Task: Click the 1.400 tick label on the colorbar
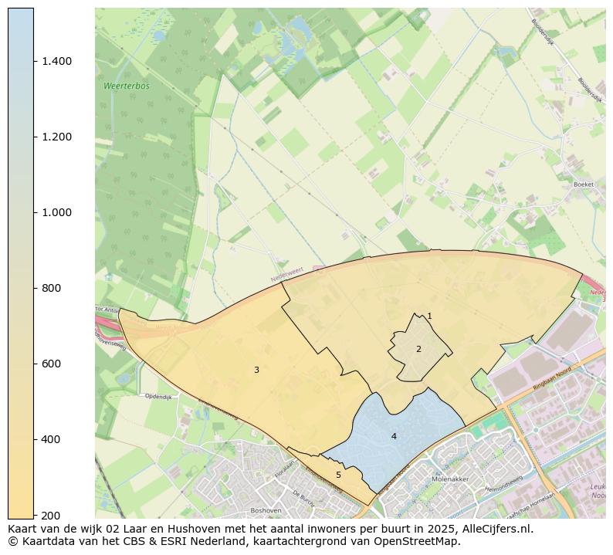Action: (56, 61)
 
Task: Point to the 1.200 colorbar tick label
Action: (56, 137)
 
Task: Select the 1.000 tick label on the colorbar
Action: (56, 212)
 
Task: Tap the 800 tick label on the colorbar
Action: (52, 288)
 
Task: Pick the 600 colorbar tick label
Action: (52, 364)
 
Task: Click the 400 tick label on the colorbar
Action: (52, 439)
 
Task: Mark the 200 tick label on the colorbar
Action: (52, 515)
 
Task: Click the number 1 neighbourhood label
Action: (429, 316)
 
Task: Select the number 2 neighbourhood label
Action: (418, 349)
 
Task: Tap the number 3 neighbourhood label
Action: (256, 370)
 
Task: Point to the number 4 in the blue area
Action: (394, 436)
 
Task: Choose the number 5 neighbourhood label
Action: (338, 475)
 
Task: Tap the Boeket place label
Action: (584, 184)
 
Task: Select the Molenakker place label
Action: (451, 479)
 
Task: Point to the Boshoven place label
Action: (266, 510)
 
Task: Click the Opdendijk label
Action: (157, 396)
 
